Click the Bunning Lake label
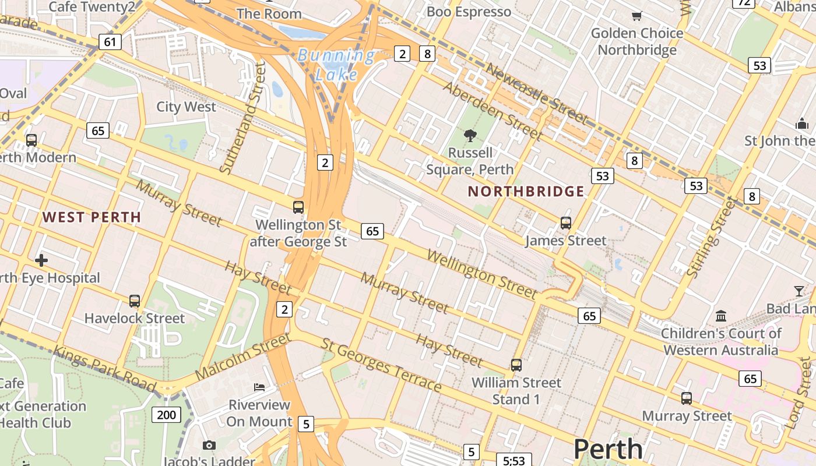(x=336, y=65)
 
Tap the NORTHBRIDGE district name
(x=526, y=192)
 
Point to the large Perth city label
(x=608, y=449)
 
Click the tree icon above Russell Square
(x=470, y=136)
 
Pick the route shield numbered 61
(x=110, y=42)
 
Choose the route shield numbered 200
(x=166, y=415)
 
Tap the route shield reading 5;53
(x=514, y=460)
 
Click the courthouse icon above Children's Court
(x=721, y=316)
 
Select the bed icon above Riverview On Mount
(x=259, y=387)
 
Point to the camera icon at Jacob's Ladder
(x=209, y=446)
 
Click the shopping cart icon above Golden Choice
(x=636, y=16)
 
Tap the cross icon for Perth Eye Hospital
(x=41, y=260)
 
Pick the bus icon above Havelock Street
(x=135, y=301)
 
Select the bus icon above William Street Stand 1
(x=516, y=365)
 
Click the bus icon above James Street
(x=565, y=223)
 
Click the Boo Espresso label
(x=469, y=12)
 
